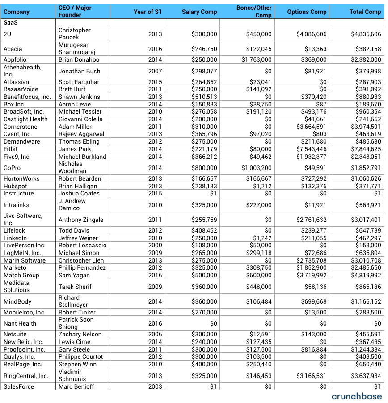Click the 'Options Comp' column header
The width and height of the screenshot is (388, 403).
307,12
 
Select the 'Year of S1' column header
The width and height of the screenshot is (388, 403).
148,12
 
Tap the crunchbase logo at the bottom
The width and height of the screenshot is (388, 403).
357,396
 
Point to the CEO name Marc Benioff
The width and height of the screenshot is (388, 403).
76,386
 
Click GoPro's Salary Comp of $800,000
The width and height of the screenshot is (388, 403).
204,168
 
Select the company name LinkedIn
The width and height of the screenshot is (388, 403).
15,238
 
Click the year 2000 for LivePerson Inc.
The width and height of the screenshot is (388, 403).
155,246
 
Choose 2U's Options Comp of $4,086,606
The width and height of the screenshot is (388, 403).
311,34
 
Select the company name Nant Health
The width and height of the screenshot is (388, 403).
20,323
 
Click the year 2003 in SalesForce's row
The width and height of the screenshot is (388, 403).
155,386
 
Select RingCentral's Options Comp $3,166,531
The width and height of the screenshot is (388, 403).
311,376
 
